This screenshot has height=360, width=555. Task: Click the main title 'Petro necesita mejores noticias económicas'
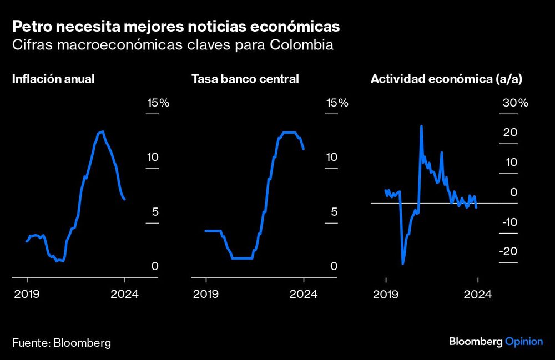(x=176, y=26)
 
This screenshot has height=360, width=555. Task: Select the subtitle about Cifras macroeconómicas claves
(x=173, y=45)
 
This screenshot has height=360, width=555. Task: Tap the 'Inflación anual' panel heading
(x=53, y=79)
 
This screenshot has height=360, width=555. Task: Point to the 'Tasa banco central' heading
(x=245, y=79)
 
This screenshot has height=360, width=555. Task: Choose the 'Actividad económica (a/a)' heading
(x=446, y=79)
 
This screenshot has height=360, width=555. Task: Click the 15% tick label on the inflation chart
(x=158, y=103)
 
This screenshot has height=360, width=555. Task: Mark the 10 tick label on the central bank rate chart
(x=331, y=157)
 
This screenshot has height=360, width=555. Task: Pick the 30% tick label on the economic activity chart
(x=515, y=103)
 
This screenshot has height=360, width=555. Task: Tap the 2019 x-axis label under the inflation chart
(x=27, y=293)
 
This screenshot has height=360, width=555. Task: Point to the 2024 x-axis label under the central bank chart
(x=304, y=293)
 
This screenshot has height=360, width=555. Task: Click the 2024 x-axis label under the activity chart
(x=478, y=293)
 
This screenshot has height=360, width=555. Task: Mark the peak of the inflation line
(x=101, y=131)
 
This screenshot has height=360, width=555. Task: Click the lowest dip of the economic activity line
(x=403, y=263)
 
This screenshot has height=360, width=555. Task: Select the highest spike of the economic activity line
(x=421, y=126)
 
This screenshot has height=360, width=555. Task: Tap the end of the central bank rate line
(x=304, y=149)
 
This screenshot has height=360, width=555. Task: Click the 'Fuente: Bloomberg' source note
(x=61, y=342)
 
